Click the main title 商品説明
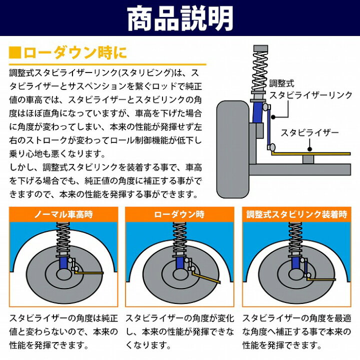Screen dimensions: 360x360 (180, 18)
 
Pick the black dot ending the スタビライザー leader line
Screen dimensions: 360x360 (310, 148)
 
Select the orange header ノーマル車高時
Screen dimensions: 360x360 (63, 214)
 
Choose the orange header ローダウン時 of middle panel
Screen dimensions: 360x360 (180, 214)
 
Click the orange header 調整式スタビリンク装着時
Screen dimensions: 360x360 (296, 214)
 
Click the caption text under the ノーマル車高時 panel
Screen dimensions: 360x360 (63, 331)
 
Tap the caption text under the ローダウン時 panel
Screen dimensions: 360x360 (180, 331)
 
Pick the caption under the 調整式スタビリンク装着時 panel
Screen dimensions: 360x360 (296, 331)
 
